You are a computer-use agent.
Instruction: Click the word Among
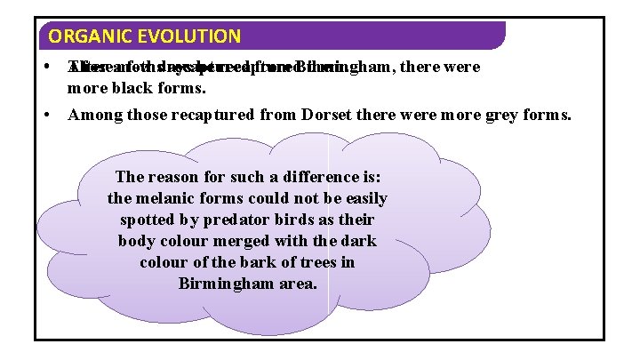pyautogui.click(x=92, y=114)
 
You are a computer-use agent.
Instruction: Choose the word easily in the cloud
pyautogui.click(x=364, y=198)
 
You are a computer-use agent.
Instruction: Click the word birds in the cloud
pyautogui.click(x=287, y=220)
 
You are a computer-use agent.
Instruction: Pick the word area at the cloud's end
pyautogui.click(x=296, y=284)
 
